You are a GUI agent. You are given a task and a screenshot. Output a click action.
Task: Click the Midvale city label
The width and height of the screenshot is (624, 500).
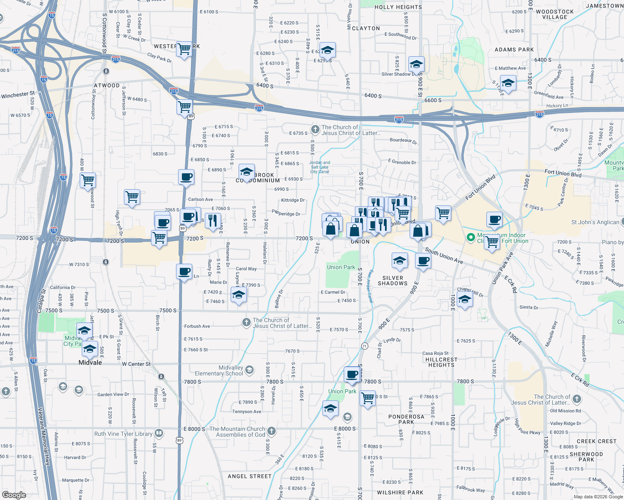coord(90,362)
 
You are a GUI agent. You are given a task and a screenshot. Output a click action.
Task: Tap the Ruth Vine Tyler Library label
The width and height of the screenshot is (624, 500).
coord(123,434)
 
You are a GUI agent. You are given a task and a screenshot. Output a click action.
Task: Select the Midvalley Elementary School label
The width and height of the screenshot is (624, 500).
coord(219,370)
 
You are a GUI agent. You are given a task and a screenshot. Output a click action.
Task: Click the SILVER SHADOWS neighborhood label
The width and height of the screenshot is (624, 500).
coord(393,280)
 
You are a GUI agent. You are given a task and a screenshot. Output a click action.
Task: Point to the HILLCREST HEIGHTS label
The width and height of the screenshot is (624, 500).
coord(441,362)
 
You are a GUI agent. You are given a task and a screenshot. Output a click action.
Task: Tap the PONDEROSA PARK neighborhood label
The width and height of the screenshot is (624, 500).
coord(406,419)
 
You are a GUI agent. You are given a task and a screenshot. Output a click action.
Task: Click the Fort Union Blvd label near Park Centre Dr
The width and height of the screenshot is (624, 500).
coord(563,173)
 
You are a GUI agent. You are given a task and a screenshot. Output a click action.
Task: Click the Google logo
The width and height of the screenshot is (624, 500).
coord(14,495)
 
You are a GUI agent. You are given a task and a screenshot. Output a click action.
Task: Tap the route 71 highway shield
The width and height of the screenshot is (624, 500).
coord(365,346)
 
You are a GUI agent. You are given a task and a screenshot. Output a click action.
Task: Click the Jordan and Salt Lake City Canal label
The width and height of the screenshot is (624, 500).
coord(320,167)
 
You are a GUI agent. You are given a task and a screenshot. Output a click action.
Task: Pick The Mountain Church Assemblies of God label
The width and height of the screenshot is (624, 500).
coord(237,432)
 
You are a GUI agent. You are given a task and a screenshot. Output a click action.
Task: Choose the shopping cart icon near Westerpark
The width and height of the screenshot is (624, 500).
coord(184,49)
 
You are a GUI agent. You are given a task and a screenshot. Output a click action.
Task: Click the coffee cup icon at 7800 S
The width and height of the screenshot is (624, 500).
coord(352,374)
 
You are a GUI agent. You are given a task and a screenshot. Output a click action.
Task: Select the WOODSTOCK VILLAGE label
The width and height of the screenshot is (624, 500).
coord(554,15)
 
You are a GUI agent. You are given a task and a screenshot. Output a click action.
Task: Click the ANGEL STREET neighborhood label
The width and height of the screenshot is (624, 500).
coord(249,476)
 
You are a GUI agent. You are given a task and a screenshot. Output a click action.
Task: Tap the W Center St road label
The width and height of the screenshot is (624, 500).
coord(136,364)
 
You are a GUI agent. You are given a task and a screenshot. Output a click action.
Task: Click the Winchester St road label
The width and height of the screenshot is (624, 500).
coord(18,95)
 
